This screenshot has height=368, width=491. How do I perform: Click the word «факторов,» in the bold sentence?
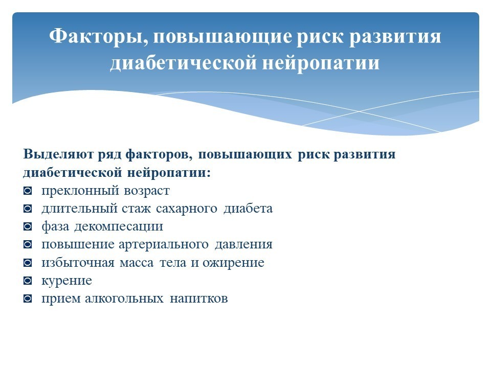(159, 155)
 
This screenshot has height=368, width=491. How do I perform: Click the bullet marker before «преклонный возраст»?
(28, 191)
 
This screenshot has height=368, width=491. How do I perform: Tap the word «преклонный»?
(80, 191)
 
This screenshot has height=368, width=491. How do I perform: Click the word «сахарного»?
(187, 209)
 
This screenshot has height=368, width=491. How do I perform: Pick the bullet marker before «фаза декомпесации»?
(28, 226)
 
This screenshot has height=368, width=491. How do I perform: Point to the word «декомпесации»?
(119, 227)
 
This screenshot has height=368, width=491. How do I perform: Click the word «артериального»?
(164, 245)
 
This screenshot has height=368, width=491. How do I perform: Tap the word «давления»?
(243, 245)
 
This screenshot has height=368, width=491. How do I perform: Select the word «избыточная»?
(78, 263)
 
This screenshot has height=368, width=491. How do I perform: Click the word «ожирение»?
(233, 263)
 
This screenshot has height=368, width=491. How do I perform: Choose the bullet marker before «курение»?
(28, 281)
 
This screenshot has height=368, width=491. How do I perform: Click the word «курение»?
(66, 281)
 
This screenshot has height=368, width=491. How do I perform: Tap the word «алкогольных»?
(124, 298)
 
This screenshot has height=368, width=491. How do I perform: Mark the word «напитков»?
(198, 298)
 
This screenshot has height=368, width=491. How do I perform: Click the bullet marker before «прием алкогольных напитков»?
(28, 298)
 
